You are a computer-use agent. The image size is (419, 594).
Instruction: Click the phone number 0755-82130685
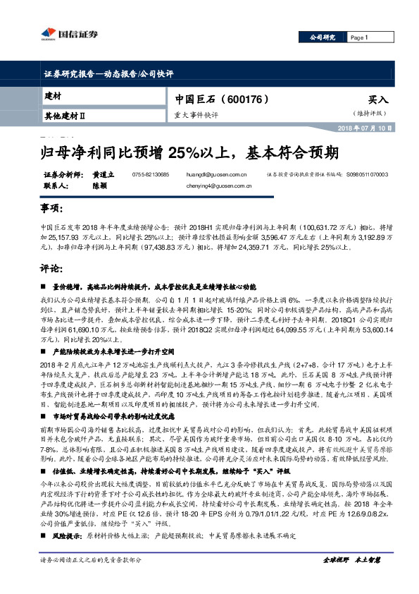pos(151,174)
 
